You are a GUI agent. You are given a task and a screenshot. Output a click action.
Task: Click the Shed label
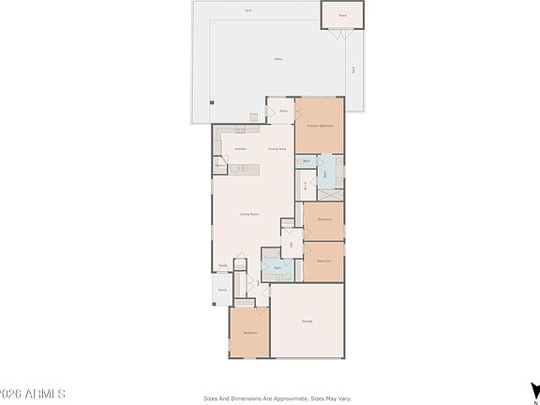pyautogui.click(x=342, y=15)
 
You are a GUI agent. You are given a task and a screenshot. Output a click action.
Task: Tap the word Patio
pyautogui.click(x=277, y=58)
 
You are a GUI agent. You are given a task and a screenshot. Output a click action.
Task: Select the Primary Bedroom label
pyautogui.click(x=321, y=126)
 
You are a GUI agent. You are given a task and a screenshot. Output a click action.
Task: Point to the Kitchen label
pyautogui.click(x=240, y=149)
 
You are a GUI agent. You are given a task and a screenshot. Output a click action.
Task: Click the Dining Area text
pyautogui.click(x=277, y=149)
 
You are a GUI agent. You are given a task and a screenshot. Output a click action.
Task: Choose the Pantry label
pyautogui.click(x=219, y=168)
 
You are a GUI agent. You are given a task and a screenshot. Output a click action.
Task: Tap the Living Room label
pyautogui.click(x=248, y=215)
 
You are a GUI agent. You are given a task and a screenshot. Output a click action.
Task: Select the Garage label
pyautogui.click(x=307, y=322)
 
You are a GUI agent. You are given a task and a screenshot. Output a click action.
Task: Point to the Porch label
pyautogui.click(x=222, y=291)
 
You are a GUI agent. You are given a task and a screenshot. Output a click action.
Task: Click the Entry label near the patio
pyautogui.click(x=283, y=111)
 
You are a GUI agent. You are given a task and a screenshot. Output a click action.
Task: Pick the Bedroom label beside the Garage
pyautogui.click(x=250, y=333)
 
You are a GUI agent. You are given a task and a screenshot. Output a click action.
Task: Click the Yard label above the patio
pyautogui.click(x=248, y=10)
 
